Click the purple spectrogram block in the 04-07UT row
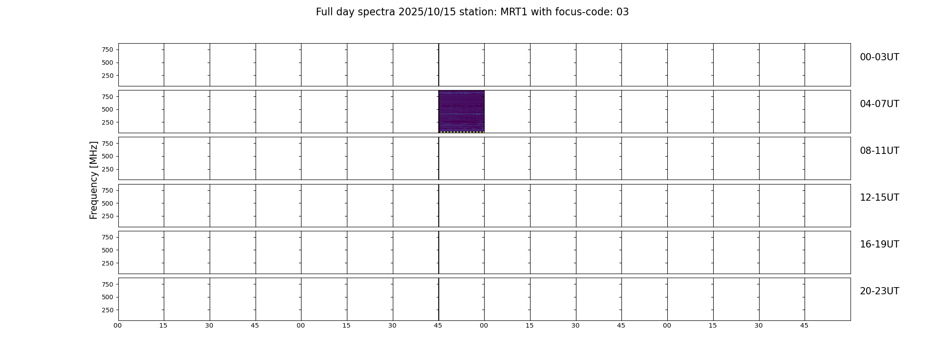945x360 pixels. point(461,112)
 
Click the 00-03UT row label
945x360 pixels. point(879,57)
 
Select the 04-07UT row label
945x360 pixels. point(879,104)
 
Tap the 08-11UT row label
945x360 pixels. point(879,151)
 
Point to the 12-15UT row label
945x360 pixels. point(879,198)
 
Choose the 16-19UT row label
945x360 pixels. point(879,244)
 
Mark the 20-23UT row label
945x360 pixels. point(879,291)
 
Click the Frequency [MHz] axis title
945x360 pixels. point(94,180)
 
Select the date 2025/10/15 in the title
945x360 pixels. point(427,12)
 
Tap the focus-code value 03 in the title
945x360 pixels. point(622,12)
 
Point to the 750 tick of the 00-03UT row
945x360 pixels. point(108,49)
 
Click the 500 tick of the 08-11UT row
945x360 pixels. point(108,156)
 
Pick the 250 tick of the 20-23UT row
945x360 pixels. point(108,310)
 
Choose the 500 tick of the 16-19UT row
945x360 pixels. point(108,250)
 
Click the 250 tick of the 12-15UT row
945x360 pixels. point(108,216)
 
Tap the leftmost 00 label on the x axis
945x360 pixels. point(118,325)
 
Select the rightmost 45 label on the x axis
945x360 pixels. point(804,325)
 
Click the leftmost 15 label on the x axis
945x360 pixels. point(163,325)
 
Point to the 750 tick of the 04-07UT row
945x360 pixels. point(108,96)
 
